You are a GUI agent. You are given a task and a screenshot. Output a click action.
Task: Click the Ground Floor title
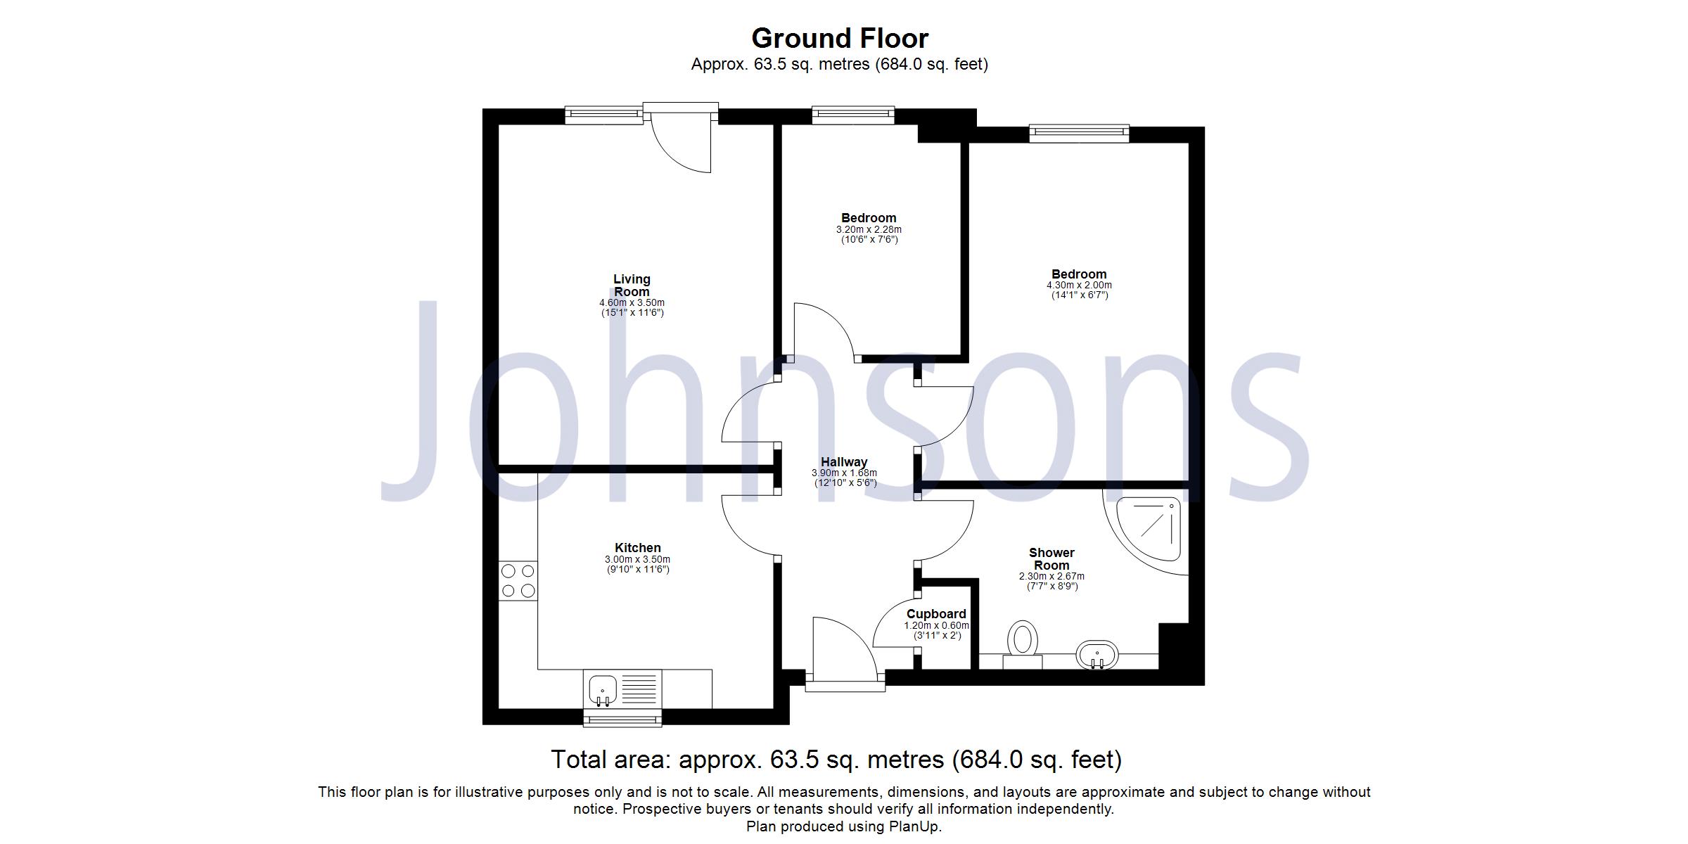coord(840,38)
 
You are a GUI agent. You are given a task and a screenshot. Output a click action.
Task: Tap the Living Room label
coord(632,286)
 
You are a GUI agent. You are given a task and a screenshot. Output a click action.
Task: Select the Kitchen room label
coord(638,548)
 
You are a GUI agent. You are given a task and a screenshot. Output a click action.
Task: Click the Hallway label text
coord(844,462)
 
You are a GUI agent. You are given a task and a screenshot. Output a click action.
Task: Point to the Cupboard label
coord(936,614)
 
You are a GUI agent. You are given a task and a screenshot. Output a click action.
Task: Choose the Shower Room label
coord(1051,559)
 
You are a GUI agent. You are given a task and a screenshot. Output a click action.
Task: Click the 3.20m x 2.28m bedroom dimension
coord(869,230)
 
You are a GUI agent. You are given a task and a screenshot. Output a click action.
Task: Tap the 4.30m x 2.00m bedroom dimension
coord(1080,286)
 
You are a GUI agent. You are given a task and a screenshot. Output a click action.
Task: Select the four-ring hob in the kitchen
coord(518,581)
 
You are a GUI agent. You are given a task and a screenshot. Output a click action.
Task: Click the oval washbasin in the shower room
coord(1097,656)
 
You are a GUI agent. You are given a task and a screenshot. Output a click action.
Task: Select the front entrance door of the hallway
coord(845,654)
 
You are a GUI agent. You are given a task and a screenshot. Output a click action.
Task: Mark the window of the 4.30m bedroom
coord(1079,134)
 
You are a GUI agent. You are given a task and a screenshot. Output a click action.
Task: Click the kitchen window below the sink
coord(623,717)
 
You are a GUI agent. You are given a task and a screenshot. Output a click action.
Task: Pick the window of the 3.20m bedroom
coord(853,115)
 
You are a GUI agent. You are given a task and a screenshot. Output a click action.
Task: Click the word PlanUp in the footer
coord(914,826)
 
